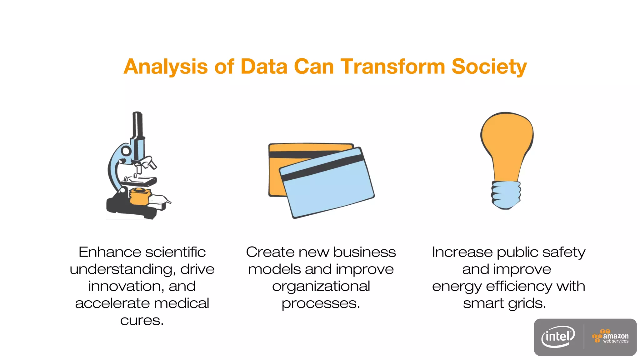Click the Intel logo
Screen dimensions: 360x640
tap(558, 337)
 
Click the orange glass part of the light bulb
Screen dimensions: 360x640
tap(507, 141)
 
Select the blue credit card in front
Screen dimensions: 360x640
tap(328, 191)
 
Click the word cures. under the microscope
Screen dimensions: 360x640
tap(142, 320)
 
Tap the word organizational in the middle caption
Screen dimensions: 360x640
tap(321, 286)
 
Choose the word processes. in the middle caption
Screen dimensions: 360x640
tap(321, 303)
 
